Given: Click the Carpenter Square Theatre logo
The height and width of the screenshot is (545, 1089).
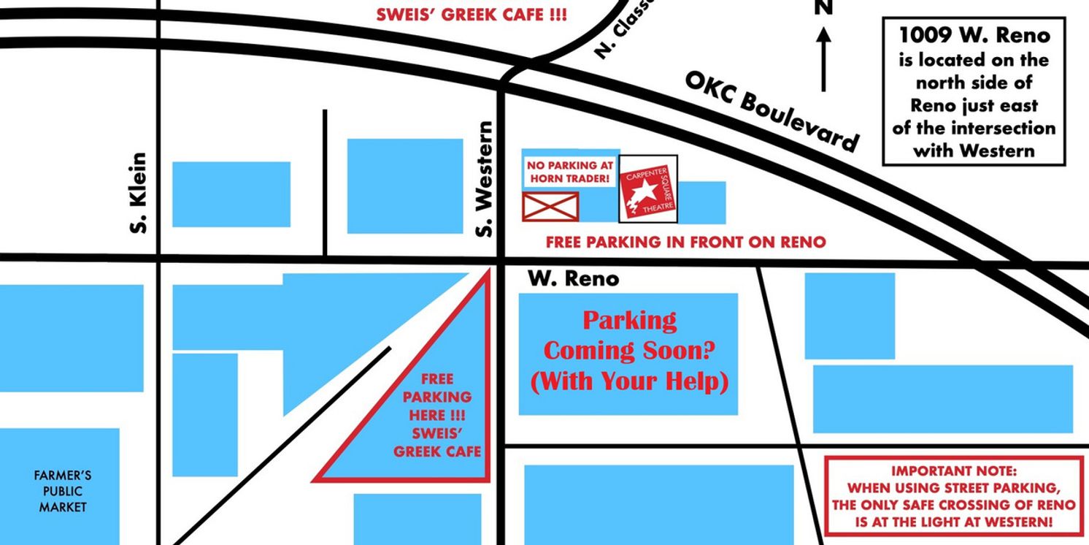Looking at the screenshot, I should pyautogui.click(x=648, y=188).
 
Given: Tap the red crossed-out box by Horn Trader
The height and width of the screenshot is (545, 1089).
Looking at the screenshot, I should pyautogui.click(x=550, y=206).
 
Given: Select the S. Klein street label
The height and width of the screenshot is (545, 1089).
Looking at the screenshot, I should pyautogui.click(x=139, y=193).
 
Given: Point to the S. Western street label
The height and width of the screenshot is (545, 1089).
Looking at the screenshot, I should pyautogui.click(x=485, y=180).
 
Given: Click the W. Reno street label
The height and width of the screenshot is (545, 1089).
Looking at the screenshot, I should pyautogui.click(x=573, y=278).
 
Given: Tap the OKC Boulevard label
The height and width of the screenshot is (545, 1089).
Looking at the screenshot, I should pyautogui.click(x=771, y=113).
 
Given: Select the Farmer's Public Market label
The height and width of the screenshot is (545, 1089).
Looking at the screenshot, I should pyautogui.click(x=62, y=491).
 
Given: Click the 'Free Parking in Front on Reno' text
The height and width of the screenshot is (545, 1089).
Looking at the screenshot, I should pyautogui.click(x=686, y=242).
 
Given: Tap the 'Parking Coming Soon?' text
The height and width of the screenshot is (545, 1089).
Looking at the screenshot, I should pyautogui.click(x=628, y=335).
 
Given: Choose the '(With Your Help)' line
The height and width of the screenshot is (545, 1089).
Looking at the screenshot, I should pyautogui.click(x=628, y=381).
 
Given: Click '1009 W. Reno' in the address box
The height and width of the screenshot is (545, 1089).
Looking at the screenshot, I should pyautogui.click(x=974, y=35).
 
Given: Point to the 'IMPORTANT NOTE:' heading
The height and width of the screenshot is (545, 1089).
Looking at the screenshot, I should pyautogui.click(x=953, y=472).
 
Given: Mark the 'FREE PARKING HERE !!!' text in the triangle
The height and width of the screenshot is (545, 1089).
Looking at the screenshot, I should pyautogui.click(x=437, y=397).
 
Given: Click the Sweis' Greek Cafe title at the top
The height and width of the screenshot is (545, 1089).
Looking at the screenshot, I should pyautogui.click(x=471, y=14).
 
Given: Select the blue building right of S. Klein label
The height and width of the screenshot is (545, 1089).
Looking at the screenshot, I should pyautogui.click(x=231, y=194).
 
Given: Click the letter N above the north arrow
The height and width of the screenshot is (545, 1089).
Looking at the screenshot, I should pyautogui.click(x=823, y=8).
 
